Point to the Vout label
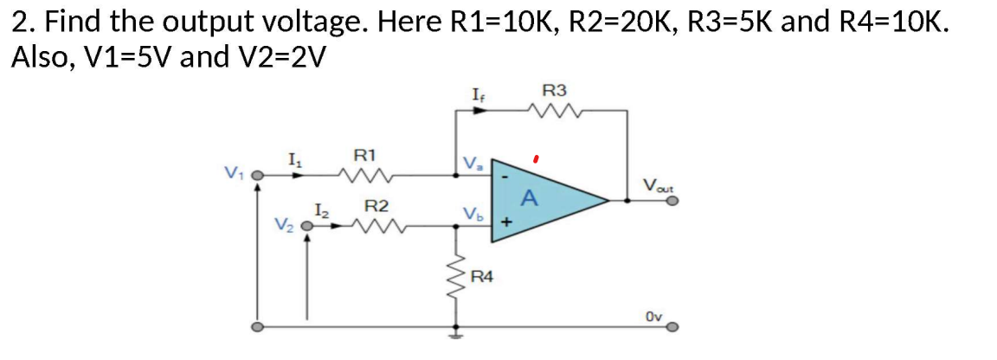coord(659,183)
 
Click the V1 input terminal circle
coord(257,176)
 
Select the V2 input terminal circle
coord(306,228)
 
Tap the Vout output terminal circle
coord(672,200)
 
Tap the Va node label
coord(473,162)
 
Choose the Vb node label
coord(472,213)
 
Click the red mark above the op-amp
coord(537,159)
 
